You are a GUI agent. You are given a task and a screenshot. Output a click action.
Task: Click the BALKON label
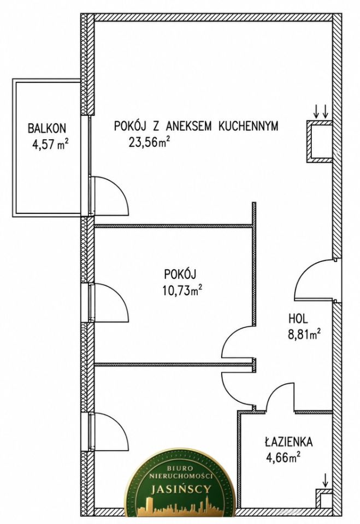[x=47, y=128]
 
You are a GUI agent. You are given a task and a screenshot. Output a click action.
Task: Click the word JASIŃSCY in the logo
[x=181, y=489]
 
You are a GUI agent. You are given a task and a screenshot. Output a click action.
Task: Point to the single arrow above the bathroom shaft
[x=325, y=480]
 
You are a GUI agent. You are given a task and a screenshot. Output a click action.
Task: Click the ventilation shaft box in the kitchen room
[x=320, y=142]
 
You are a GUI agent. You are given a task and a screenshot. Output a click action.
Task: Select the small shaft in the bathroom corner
[x=324, y=498]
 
